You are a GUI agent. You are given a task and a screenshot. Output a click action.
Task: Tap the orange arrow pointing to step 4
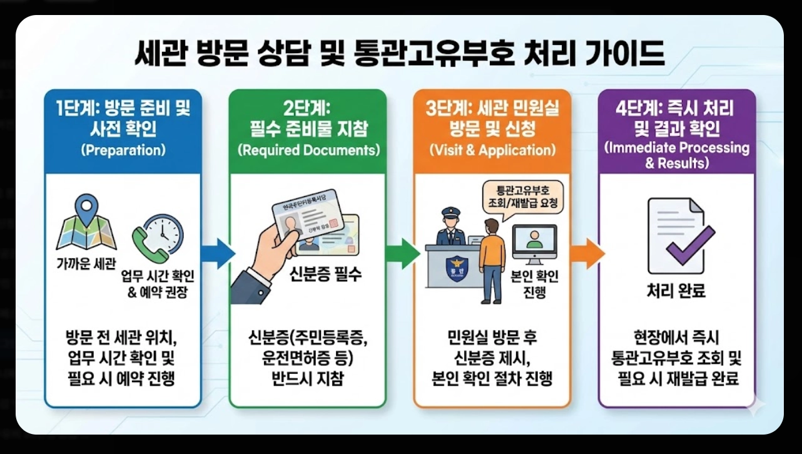[x=587, y=254]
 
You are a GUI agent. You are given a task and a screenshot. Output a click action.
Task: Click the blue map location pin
[x=86, y=210]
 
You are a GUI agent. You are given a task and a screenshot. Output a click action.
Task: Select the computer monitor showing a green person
[x=534, y=242]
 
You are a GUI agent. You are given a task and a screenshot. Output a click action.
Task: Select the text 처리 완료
[x=676, y=291]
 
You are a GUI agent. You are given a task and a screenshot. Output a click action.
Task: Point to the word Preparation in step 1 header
[x=123, y=151]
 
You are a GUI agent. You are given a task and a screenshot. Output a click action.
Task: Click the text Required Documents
[x=308, y=151]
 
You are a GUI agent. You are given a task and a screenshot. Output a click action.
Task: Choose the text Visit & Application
[x=492, y=151]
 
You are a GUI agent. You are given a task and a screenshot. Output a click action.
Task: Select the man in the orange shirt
[x=492, y=257]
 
